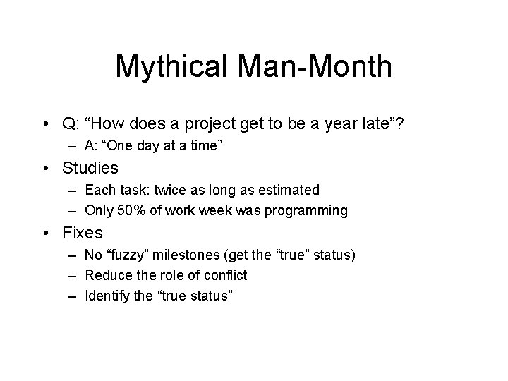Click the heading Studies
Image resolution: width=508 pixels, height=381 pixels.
point(90,168)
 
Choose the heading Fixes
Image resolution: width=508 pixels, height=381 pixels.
point(83,232)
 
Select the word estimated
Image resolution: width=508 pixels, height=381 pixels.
point(291,190)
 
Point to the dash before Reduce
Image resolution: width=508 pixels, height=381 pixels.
point(73,275)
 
